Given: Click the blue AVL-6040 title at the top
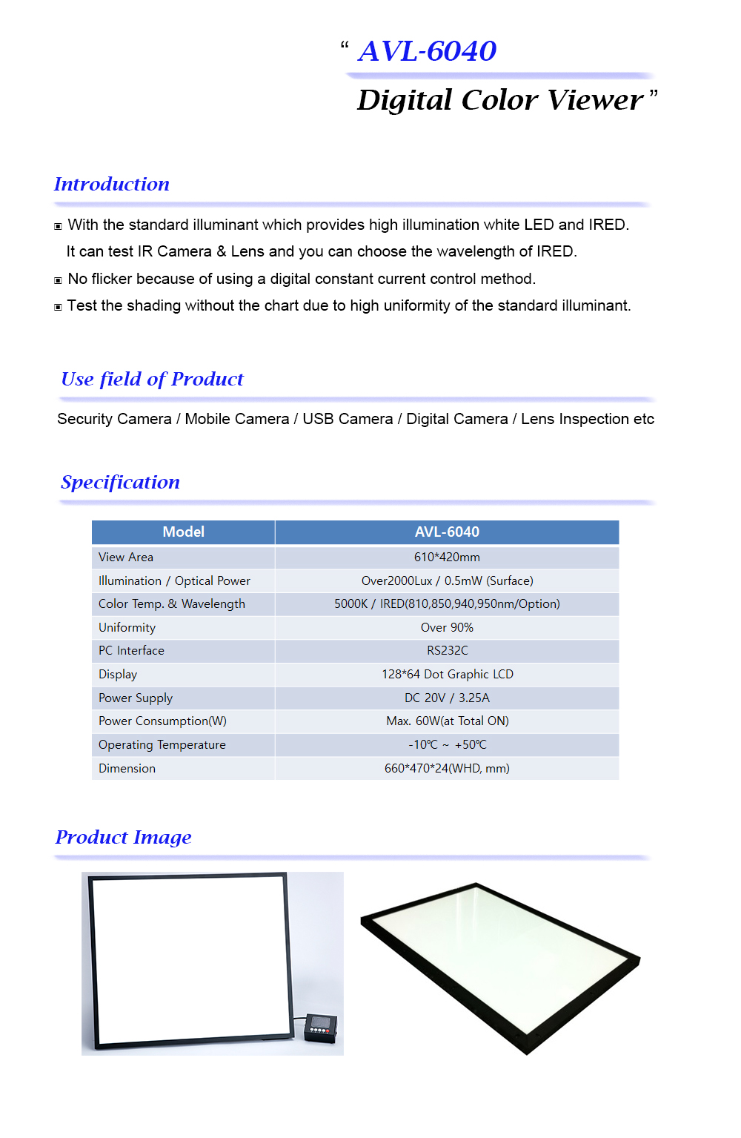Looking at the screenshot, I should [x=427, y=51].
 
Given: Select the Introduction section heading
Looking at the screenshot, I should [x=112, y=184].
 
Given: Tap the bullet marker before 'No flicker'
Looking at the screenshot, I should [x=58, y=280].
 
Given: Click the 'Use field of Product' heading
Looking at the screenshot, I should [x=152, y=379].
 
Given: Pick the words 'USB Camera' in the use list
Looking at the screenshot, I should [x=348, y=419].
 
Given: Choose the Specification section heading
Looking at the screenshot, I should [x=120, y=482].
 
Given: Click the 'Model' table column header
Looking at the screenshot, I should [x=183, y=532].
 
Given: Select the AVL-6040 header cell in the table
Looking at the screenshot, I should [x=447, y=532].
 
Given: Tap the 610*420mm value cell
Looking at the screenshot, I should [x=447, y=557].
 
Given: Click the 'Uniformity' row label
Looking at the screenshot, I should [x=127, y=627].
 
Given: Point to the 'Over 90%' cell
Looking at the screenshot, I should [x=447, y=627].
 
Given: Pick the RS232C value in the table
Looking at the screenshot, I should [x=447, y=650].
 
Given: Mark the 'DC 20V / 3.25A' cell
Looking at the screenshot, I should [x=447, y=698].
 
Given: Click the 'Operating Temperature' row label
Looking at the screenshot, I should [x=162, y=744].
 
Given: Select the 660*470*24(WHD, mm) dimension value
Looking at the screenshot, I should [x=447, y=768].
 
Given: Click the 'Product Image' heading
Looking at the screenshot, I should [x=123, y=837].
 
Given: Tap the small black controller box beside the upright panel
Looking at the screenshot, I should [x=321, y=1028].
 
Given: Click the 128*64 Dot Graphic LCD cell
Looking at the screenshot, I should [x=447, y=674].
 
